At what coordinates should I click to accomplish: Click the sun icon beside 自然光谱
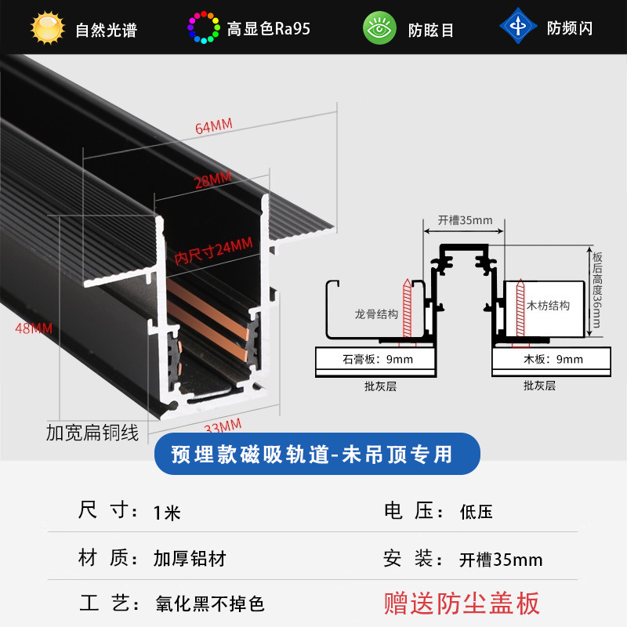click(46, 27)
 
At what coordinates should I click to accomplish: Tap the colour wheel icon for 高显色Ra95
click(204, 27)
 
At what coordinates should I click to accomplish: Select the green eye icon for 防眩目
click(379, 28)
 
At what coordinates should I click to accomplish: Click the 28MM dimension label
click(212, 180)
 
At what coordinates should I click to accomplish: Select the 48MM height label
click(34, 328)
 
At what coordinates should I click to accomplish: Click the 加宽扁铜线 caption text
click(92, 432)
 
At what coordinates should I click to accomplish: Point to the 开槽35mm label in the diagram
click(465, 220)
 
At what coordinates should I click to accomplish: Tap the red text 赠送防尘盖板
click(462, 603)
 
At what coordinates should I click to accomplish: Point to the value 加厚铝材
click(190, 559)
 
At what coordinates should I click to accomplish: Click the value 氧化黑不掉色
click(209, 604)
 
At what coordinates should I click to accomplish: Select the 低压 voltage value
click(476, 513)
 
